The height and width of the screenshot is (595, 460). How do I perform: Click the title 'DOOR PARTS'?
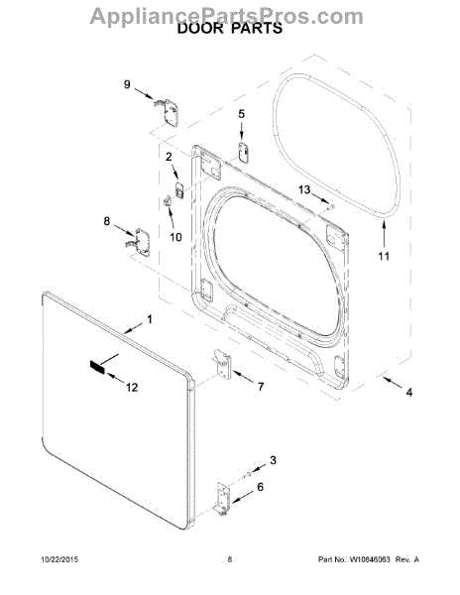[x=230, y=28]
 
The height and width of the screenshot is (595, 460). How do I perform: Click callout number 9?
[x=127, y=84]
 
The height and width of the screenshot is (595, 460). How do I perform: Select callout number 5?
[x=242, y=114]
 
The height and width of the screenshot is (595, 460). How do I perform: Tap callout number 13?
[x=304, y=189]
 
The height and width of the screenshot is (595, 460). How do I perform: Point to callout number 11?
[x=384, y=256]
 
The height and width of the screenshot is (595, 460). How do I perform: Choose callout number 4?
[x=408, y=392]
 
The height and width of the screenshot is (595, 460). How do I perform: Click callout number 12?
[x=132, y=387]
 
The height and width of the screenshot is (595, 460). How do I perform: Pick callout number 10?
[x=175, y=237]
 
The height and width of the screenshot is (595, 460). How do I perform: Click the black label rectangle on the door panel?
[x=96, y=367]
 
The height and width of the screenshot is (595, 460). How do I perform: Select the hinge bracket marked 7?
[x=223, y=365]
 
